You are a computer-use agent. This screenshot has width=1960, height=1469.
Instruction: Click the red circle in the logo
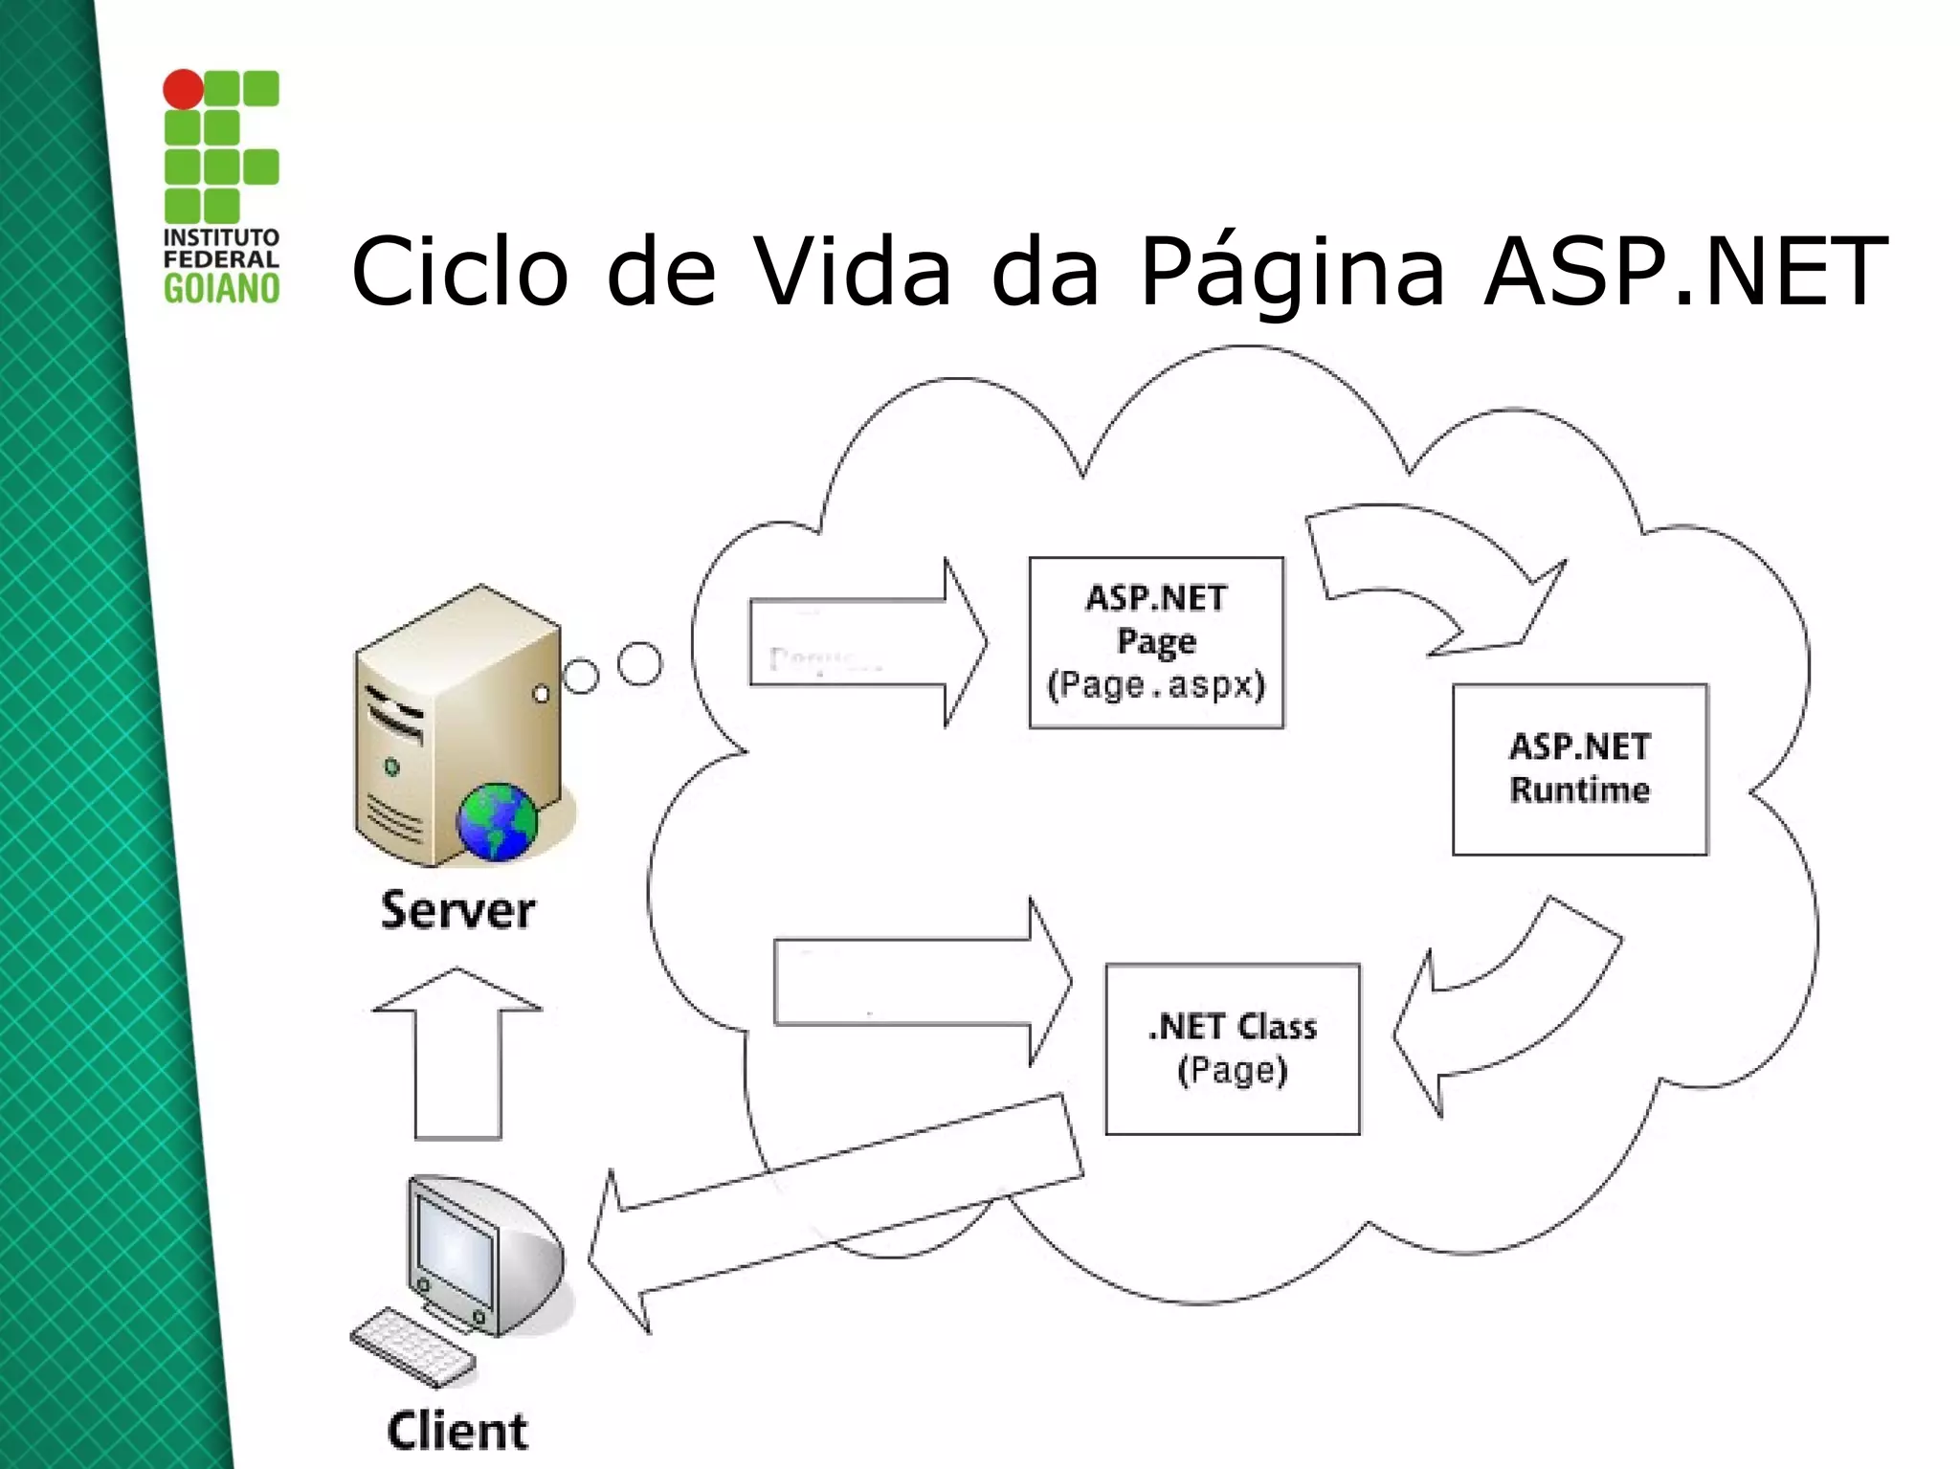click(183, 90)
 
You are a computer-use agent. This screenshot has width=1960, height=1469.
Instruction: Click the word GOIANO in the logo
click(221, 288)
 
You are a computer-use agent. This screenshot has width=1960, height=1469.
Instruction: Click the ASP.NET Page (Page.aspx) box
click(1156, 642)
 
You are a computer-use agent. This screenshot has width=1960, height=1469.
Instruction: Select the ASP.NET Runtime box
click(1579, 768)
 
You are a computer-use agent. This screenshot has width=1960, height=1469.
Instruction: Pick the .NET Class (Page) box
click(1232, 1048)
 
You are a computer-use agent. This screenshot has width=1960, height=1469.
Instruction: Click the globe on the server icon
click(497, 821)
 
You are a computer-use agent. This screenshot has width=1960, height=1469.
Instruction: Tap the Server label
click(457, 910)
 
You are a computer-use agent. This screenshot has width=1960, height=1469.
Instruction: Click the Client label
click(457, 1432)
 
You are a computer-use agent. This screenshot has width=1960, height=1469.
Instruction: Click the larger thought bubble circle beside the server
click(639, 664)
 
